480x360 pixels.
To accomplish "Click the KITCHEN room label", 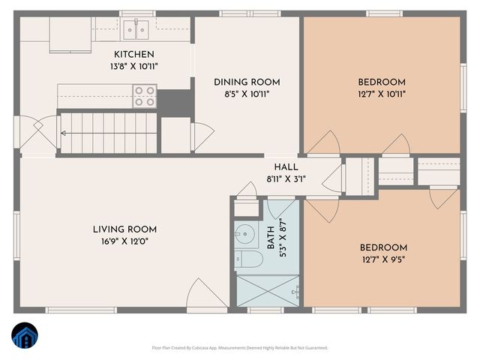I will click(x=134, y=54).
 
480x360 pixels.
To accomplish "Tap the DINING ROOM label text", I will click(x=247, y=82).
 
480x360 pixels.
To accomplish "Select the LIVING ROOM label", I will click(x=124, y=229).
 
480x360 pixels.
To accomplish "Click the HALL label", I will click(x=286, y=167).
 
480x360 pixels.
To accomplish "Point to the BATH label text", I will click(x=271, y=238).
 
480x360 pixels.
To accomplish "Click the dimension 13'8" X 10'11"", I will click(x=134, y=66).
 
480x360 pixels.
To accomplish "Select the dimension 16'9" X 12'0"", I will click(x=124, y=241).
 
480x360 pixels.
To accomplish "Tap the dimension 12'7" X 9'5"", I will click(x=382, y=260).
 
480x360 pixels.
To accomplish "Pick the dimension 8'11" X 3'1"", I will click(x=286, y=179).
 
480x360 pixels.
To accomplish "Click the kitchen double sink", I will click(x=136, y=30).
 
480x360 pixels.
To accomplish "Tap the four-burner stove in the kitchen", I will click(x=145, y=96).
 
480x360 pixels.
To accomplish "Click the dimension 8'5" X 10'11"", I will click(x=247, y=94).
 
